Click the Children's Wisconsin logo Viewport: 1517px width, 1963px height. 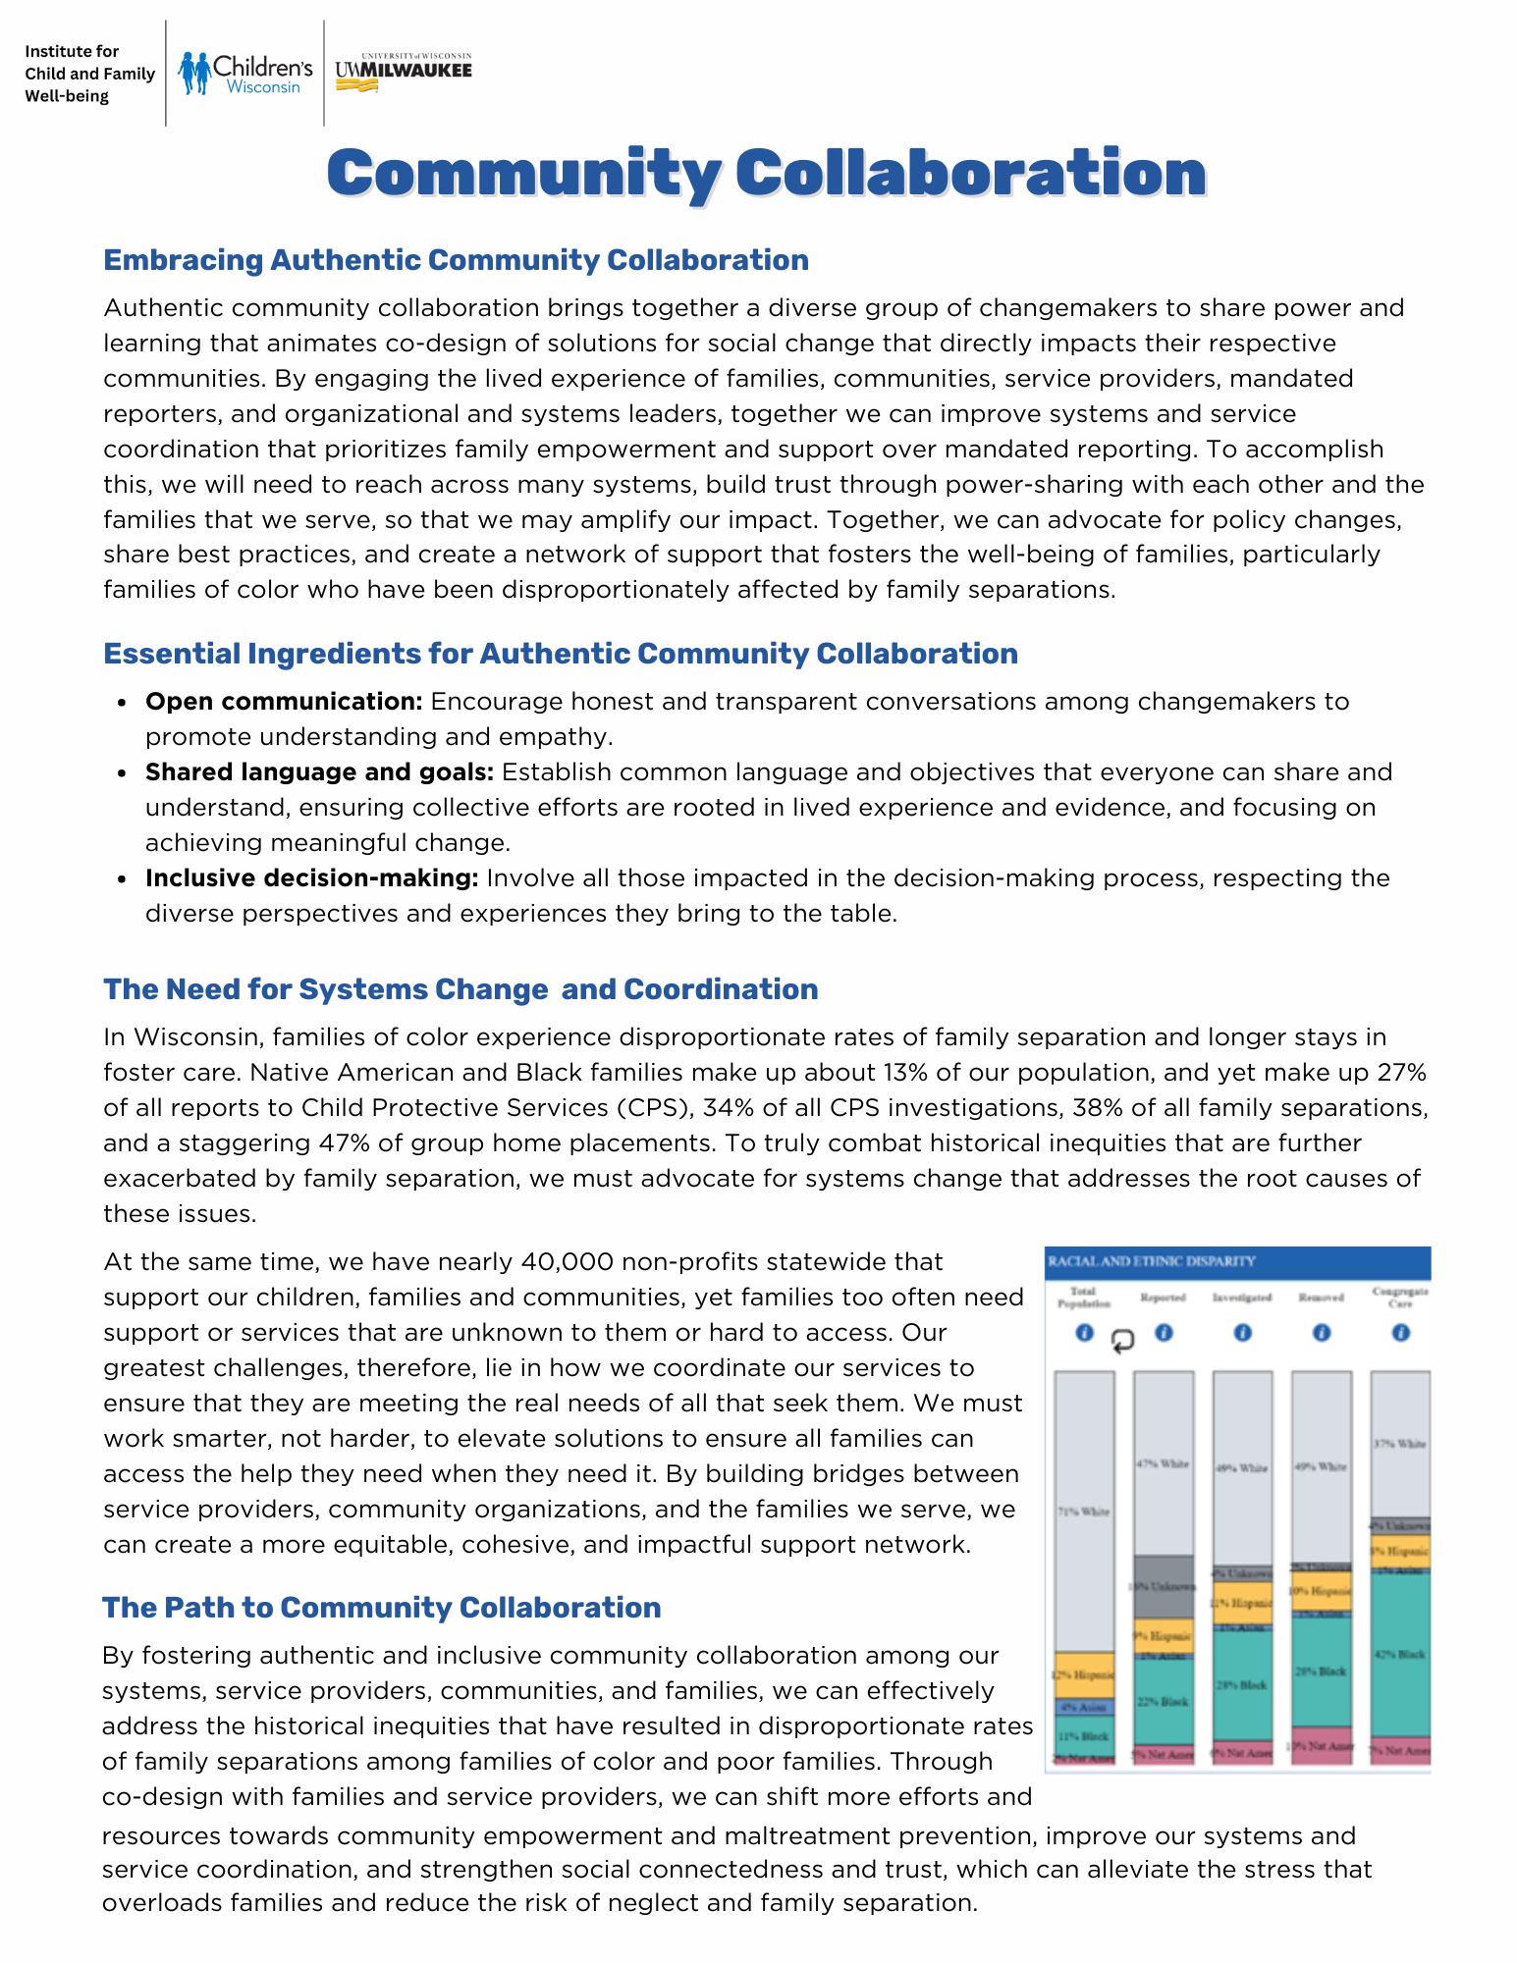[245, 74]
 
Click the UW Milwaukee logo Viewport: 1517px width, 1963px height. [404, 72]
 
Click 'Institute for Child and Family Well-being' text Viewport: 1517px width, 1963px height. [89, 74]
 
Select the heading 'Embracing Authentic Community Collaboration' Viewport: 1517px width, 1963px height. [456, 260]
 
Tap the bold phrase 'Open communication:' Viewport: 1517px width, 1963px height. [284, 702]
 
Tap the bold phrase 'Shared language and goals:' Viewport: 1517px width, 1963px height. [319, 772]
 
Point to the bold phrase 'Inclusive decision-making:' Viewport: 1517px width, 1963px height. [311, 878]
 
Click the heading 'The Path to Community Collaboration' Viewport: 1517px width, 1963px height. [381, 1608]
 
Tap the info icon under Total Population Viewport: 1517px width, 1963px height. [1084, 1333]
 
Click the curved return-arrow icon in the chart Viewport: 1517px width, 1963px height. [1122, 1341]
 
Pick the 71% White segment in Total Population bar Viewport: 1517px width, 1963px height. [1084, 1512]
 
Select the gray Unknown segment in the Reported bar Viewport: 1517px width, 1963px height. [1164, 1586]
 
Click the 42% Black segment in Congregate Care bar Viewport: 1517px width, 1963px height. [1401, 1655]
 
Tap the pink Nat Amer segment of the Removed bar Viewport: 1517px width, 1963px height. [1321, 1746]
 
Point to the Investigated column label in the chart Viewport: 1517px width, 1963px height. [1242, 1298]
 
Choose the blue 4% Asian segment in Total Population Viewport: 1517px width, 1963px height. [1084, 1708]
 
